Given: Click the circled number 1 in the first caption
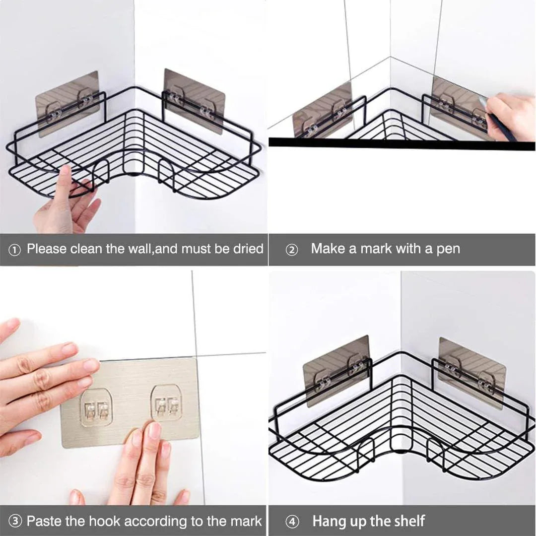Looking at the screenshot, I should point(14,250).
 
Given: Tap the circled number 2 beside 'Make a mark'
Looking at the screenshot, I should point(292,250).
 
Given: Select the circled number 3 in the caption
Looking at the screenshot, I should point(15,521).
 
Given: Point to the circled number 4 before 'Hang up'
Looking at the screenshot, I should point(292,522).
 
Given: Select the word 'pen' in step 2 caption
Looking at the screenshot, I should point(448,249).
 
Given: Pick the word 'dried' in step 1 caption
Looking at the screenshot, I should point(248,249).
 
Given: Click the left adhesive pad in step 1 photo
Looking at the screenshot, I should point(67,103).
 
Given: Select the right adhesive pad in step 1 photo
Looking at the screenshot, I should point(194,100).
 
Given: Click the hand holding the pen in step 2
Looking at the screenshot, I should point(511,114).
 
